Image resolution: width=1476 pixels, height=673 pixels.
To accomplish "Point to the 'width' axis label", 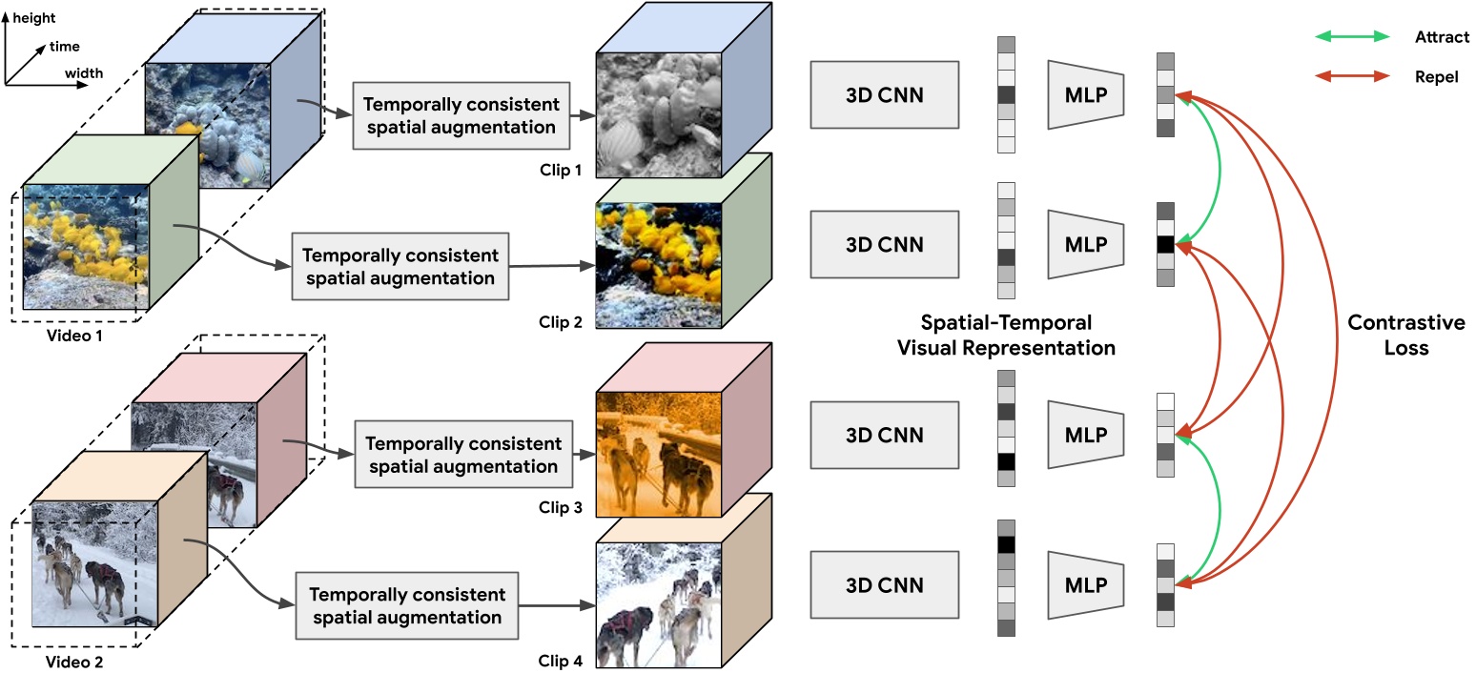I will click(x=84, y=72).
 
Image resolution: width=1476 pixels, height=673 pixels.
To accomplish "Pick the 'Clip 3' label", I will click(x=560, y=508).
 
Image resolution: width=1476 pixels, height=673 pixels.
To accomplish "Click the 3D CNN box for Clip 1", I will click(x=885, y=94).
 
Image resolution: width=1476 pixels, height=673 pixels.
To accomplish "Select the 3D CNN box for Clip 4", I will click(x=885, y=584).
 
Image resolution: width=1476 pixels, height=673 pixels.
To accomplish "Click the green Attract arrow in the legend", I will click(x=1352, y=37).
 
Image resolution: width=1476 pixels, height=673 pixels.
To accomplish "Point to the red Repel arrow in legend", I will click(x=1352, y=76).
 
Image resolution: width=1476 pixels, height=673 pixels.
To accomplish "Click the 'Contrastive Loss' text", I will click(x=1405, y=336).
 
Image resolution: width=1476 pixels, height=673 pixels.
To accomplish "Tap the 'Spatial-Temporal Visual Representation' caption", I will click(x=1006, y=336).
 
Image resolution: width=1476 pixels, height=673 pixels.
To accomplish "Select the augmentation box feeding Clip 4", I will click(x=406, y=605).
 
